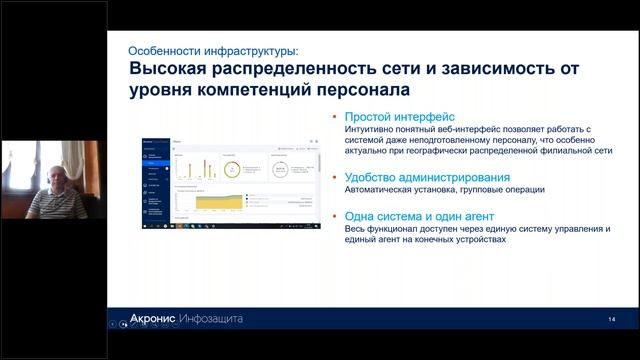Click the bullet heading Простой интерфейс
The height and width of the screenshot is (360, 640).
pos(392,117)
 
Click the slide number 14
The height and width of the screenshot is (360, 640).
pos(610,319)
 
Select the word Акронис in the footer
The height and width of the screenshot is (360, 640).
pos(153,319)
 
